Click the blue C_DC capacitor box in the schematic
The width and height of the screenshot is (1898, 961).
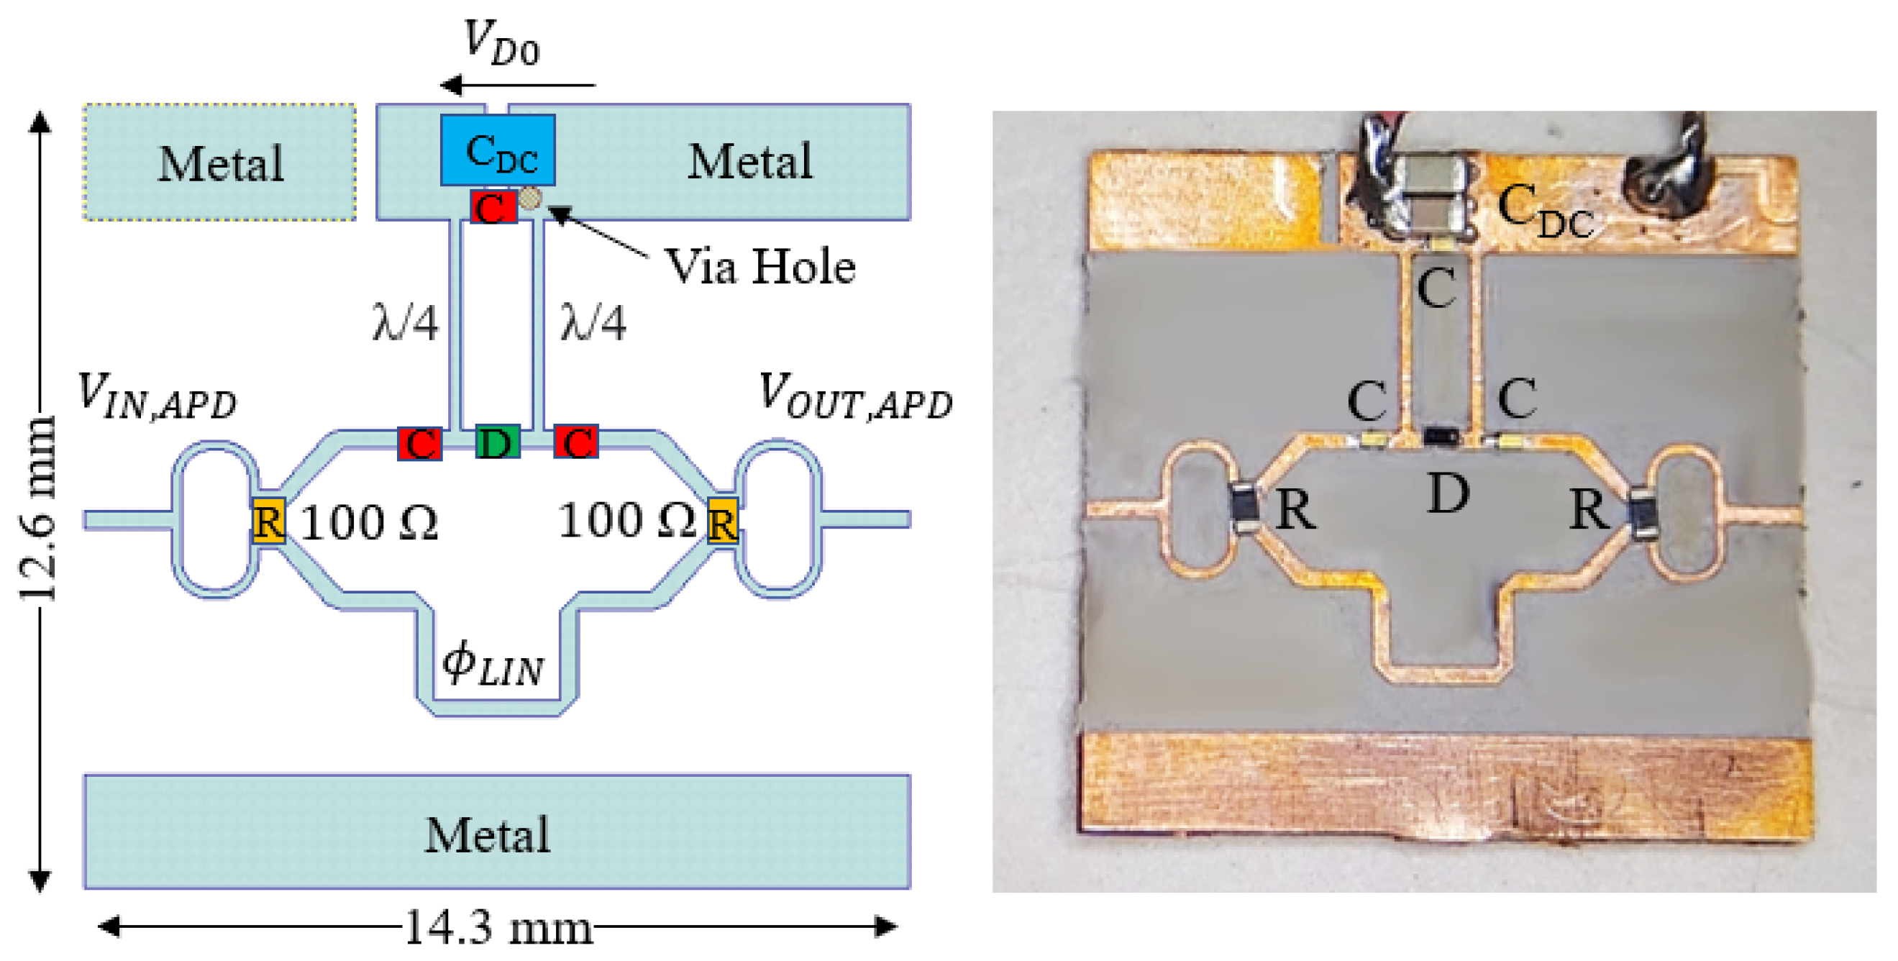tap(498, 150)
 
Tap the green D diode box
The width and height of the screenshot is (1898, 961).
tap(498, 442)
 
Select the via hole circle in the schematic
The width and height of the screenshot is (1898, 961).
tap(530, 198)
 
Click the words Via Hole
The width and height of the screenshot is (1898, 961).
tap(759, 266)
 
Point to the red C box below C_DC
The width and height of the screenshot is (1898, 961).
tap(493, 208)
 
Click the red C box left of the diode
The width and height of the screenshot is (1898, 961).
tap(420, 443)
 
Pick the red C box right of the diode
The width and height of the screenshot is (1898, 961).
tap(576, 442)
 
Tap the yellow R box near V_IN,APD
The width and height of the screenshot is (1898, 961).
tap(268, 521)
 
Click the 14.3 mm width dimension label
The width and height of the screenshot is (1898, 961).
tap(499, 927)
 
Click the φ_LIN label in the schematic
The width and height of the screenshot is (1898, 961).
tap(493, 663)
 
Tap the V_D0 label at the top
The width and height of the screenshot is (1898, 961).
tap(502, 43)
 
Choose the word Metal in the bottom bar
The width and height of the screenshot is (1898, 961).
tap(487, 835)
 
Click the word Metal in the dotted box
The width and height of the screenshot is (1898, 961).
tap(221, 163)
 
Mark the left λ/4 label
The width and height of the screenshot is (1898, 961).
tap(405, 322)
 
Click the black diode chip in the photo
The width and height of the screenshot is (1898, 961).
tap(1441, 437)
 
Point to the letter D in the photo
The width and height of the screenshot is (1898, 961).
tap(1448, 493)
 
